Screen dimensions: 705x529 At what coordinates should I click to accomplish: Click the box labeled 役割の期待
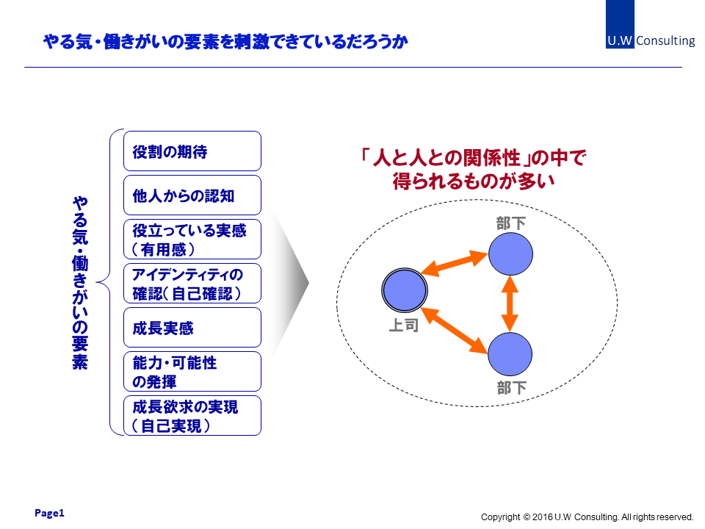coord(192,151)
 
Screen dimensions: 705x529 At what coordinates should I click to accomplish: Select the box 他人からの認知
coord(192,195)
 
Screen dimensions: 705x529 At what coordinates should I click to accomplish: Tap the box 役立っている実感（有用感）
coord(192,240)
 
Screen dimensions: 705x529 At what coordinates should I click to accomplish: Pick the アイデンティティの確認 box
coord(192,284)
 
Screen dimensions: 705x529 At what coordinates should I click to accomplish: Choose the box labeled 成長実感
coord(192,328)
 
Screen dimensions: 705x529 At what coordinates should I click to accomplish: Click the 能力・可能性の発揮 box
coord(192,372)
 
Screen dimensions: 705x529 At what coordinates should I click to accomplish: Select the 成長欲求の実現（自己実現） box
coord(192,416)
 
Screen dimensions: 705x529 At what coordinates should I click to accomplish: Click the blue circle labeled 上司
coord(405,290)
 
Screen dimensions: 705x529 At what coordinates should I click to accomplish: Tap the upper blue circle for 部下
coord(511,253)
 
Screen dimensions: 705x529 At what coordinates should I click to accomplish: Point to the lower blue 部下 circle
coord(510,354)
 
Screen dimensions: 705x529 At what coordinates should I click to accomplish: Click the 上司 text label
coord(404,325)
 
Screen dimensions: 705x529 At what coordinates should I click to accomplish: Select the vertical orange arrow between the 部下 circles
coord(510,303)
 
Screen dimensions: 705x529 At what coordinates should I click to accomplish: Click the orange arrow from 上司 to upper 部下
coord(455,264)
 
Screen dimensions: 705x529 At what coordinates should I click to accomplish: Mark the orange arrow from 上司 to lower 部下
coord(455,330)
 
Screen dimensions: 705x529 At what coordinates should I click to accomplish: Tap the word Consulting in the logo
coord(665,40)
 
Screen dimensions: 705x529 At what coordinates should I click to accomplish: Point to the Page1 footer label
coord(49,513)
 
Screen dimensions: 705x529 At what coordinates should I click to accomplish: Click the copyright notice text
coord(587,517)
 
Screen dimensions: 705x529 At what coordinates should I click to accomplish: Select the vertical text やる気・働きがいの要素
coord(80,283)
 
